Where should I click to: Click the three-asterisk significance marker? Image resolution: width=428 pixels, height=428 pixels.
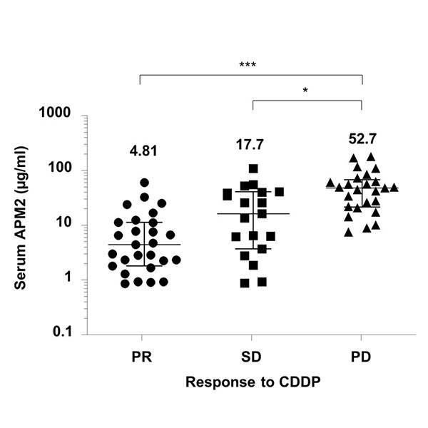(248, 65)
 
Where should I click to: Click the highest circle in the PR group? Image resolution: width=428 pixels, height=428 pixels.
(144, 183)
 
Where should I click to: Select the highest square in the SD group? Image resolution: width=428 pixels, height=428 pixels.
(253, 169)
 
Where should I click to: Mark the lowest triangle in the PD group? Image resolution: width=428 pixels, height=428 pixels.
(348, 232)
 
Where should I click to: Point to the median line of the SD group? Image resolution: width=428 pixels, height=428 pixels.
(253, 213)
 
